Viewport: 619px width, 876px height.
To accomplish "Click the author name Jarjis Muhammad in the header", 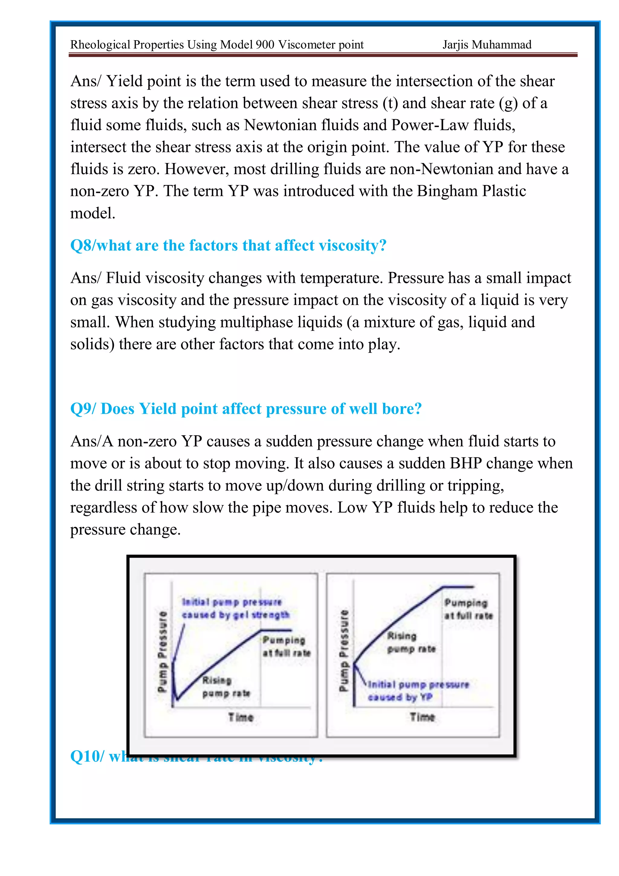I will click(x=487, y=45).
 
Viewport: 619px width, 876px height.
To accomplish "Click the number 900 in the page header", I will click(x=265, y=45).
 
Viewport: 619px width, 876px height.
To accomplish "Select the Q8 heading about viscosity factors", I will click(x=228, y=245).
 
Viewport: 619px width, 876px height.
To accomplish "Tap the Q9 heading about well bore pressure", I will click(x=246, y=409).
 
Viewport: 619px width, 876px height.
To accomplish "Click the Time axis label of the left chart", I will click(x=241, y=717).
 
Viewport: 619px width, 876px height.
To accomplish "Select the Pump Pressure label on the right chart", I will click(x=344, y=650).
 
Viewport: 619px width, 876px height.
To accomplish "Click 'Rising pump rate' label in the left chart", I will click(x=226, y=687).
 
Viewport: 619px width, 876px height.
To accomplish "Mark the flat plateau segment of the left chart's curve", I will click(x=276, y=630).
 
